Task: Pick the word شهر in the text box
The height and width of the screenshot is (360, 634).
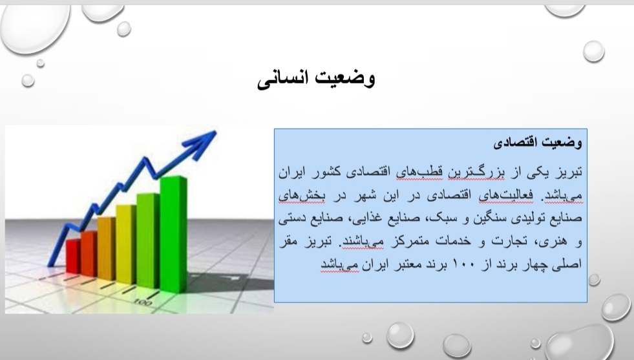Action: (366, 195)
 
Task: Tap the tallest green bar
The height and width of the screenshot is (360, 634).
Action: (173, 234)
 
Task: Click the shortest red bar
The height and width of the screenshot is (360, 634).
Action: (73, 256)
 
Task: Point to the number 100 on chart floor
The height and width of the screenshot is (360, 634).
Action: (143, 302)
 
